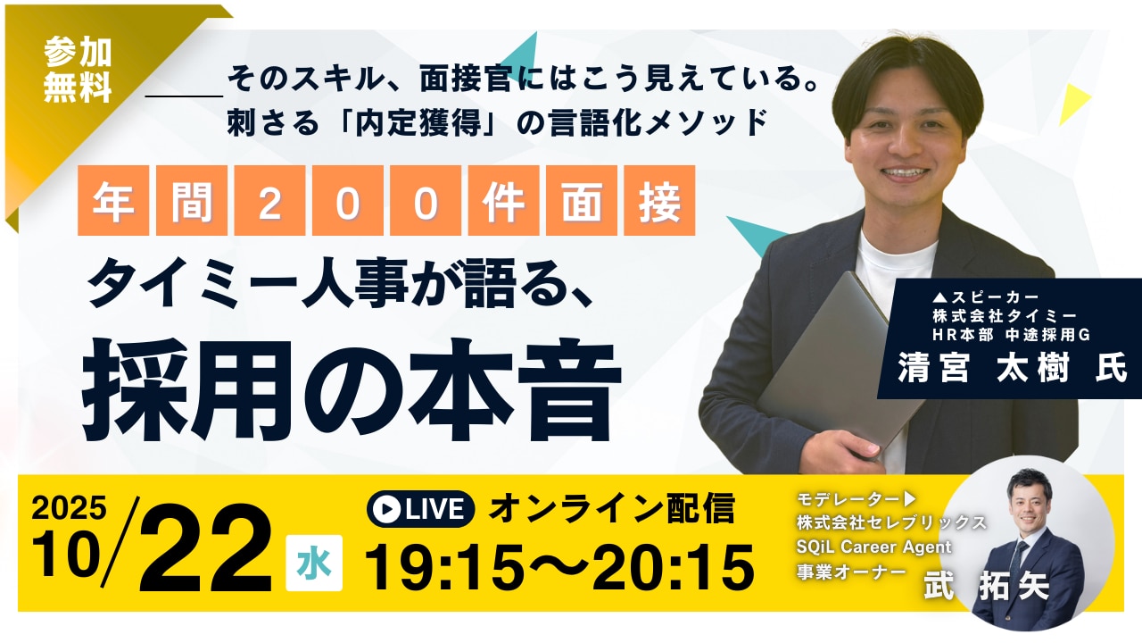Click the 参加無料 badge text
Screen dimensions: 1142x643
78,70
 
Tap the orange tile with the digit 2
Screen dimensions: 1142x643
269,200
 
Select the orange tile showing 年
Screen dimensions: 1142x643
113,200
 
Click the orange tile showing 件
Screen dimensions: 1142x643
503,200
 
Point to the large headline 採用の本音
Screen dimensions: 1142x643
352,390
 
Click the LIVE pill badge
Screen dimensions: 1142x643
420,509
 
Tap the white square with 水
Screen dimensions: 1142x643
314,563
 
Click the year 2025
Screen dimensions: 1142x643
69,507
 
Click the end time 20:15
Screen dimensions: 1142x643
673,567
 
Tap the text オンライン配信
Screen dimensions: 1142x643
612,508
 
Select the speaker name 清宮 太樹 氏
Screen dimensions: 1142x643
1012,367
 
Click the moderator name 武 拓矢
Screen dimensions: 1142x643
987,585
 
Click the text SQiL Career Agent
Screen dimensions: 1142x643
873,547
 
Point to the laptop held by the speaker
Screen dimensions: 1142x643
836,365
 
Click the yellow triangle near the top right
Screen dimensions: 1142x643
1072,104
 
